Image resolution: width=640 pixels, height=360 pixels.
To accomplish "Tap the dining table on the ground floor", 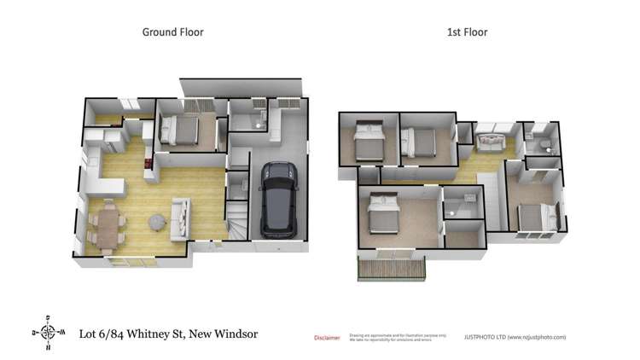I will click(x=108, y=224).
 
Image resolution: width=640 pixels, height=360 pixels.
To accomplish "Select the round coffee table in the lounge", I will click(x=158, y=221).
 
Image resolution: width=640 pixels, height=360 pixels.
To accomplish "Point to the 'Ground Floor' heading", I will click(x=172, y=32).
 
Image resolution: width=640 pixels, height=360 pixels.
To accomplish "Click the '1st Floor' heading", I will click(x=467, y=32).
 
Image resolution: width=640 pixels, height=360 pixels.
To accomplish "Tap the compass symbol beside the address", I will click(x=49, y=333).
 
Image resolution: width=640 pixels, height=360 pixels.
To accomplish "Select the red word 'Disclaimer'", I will click(x=327, y=338).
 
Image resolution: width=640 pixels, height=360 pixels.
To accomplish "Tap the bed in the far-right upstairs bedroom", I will click(x=533, y=216).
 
